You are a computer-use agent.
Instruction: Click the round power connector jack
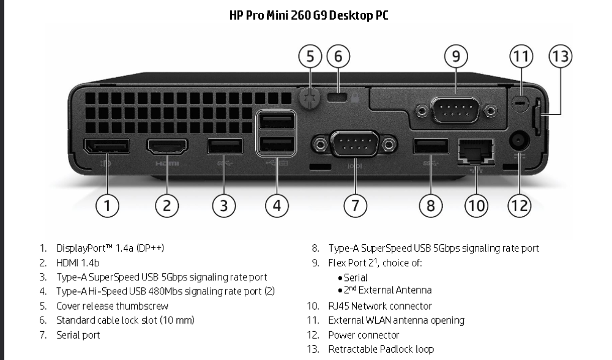coord(519,141)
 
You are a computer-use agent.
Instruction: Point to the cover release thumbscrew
coord(310,98)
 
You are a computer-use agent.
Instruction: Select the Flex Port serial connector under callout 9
coord(455,111)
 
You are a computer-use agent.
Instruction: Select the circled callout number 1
coord(107,206)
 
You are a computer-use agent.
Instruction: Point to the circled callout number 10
coord(476,206)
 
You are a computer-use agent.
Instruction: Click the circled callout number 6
coord(338,57)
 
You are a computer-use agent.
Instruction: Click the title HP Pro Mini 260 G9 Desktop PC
coord(308,15)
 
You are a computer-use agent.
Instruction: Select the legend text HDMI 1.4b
coord(78,263)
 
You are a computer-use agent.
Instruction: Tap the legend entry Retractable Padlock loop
coord(381,349)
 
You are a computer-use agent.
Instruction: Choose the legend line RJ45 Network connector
coord(379,306)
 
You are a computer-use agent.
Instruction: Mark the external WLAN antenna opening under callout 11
coord(520,103)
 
